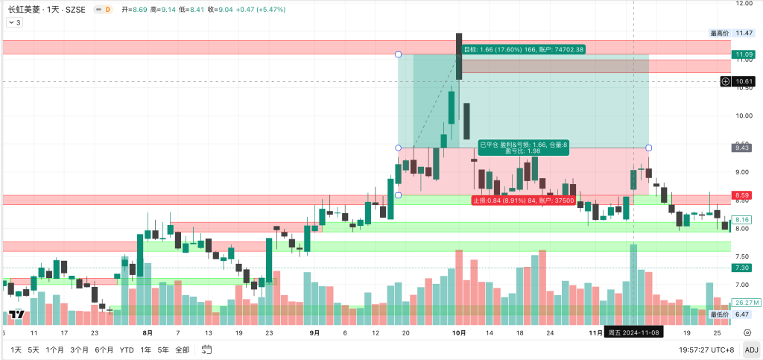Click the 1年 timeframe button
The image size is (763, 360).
[146, 350]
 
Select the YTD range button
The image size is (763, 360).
[127, 350]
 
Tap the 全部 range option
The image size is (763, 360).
[181, 350]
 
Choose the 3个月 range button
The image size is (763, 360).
[81, 350]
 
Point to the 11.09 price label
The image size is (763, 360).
[743, 54]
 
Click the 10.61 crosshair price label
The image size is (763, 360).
[743, 80]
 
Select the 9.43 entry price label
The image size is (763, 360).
[743, 148]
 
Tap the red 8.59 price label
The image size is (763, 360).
[742, 195]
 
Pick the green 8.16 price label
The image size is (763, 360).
[742, 220]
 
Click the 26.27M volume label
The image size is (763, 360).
[745, 303]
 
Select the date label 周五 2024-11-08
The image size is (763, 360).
[633, 332]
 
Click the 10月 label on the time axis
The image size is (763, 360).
[459, 332]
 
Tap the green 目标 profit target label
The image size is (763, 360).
[524, 49]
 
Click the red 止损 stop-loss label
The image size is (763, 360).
[523, 200]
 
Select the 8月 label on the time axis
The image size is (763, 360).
[147, 332]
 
